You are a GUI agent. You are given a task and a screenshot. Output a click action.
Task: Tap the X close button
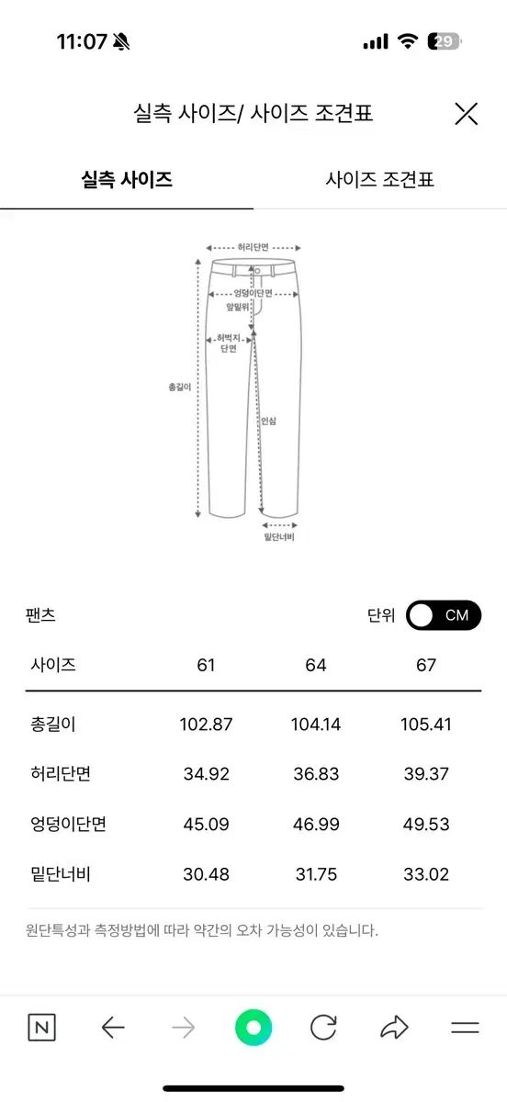click(x=466, y=114)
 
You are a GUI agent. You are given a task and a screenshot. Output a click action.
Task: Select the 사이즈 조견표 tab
click(x=379, y=180)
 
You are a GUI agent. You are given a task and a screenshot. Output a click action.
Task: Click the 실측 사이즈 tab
click(x=127, y=180)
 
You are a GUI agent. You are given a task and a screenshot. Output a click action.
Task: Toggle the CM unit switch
click(x=444, y=615)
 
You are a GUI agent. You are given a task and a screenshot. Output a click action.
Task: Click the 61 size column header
click(x=206, y=665)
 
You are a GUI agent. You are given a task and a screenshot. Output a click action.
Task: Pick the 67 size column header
click(x=426, y=665)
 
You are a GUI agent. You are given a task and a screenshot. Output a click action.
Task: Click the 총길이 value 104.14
click(x=316, y=725)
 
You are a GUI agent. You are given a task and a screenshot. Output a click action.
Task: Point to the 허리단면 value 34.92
click(x=207, y=774)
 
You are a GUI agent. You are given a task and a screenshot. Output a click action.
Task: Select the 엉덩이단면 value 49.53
click(x=426, y=824)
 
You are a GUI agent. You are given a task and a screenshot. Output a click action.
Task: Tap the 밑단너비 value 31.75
click(x=316, y=874)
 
